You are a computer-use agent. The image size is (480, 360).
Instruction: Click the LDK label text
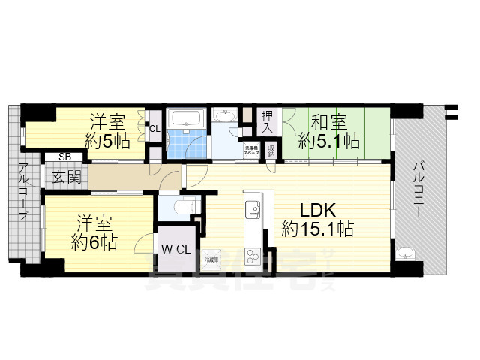[319, 209]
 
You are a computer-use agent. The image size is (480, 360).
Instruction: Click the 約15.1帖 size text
[318, 228]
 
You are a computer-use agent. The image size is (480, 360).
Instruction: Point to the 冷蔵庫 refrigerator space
[213, 259]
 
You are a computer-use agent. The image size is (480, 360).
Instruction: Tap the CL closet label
[154, 129]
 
